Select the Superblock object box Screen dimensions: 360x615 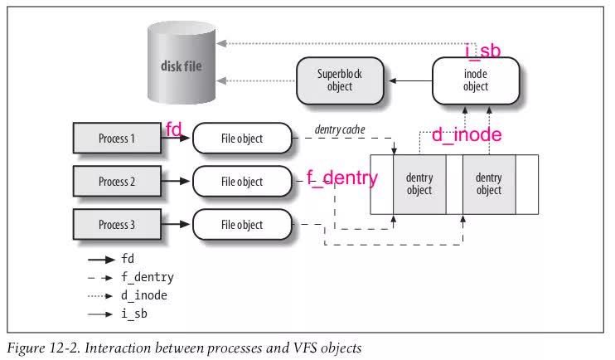click(x=340, y=80)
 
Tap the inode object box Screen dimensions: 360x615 click(x=474, y=80)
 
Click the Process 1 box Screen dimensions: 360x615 click(x=116, y=139)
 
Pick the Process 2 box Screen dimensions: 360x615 click(x=116, y=182)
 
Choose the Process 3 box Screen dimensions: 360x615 click(x=116, y=225)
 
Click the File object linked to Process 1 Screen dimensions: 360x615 click(x=242, y=139)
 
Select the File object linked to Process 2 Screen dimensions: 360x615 click(x=242, y=182)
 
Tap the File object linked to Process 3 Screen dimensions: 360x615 click(x=242, y=225)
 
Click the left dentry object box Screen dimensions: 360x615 click(x=419, y=184)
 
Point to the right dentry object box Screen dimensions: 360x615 click(x=489, y=184)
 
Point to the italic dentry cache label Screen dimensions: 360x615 click(x=341, y=130)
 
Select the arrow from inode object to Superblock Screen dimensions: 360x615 click(x=411, y=80)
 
